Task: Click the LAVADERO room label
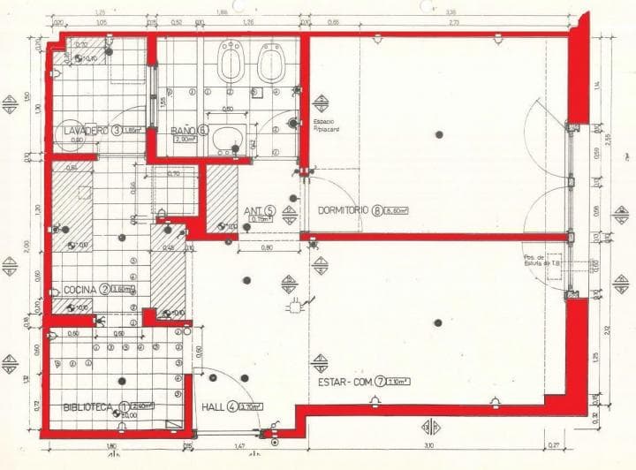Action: click(x=87, y=131)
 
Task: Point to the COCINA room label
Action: click(x=80, y=289)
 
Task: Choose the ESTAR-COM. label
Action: click(x=347, y=383)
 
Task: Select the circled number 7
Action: click(x=381, y=383)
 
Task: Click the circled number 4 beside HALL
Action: click(x=231, y=407)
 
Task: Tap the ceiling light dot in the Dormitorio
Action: click(x=439, y=134)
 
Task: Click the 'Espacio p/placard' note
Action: click(x=326, y=125)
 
